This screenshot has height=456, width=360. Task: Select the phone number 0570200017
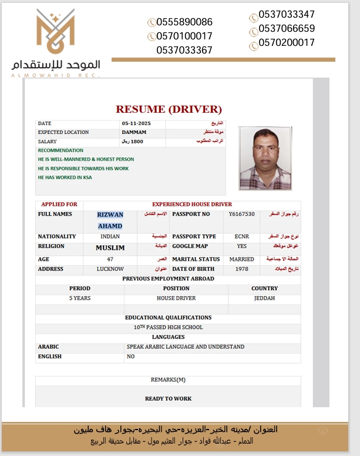(x=287, y=43)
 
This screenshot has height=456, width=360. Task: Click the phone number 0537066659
(x=287, y=29)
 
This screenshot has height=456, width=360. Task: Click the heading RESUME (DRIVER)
(x=169, y=109)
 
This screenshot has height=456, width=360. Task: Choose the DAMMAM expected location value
(x=134, y=133)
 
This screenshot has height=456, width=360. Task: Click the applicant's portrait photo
(x=265, y=158)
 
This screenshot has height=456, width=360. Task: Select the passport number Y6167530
(x=242, y=214)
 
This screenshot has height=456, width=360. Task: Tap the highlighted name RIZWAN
(x=110, y=215)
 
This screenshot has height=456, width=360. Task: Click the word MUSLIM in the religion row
(x=110, y=248)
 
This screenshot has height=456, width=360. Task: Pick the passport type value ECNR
(x=242, y=237)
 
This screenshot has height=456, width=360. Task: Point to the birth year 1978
(x=242, y=269)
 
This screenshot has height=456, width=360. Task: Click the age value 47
(x=110, y=259)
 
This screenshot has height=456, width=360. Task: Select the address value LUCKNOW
(x=110, y=269)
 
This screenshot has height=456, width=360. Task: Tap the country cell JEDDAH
(x=264, y=299)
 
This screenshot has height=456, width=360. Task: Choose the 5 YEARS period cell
(x=80, y=299)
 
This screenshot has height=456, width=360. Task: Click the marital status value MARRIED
(x=242, y=259)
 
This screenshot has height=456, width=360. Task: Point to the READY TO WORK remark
(x=168, y=398)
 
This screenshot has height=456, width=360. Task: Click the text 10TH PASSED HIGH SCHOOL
(x=168, y=327)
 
